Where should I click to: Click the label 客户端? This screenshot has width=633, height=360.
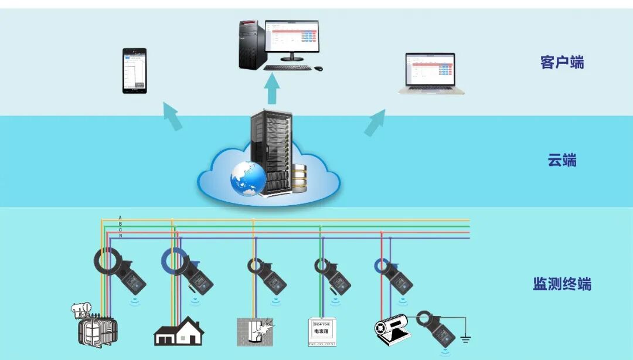point(562,62)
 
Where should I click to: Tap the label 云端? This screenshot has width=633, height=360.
point(562,160)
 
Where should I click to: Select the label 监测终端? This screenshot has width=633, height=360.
point(562,284)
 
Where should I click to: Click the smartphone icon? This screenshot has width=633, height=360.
point(134,70)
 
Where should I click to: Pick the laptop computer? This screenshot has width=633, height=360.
point(431,73)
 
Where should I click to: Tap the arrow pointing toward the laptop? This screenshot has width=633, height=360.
point(375,122)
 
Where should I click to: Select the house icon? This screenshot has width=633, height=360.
point(179,331)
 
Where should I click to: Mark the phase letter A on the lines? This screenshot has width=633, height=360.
point(120,217)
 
